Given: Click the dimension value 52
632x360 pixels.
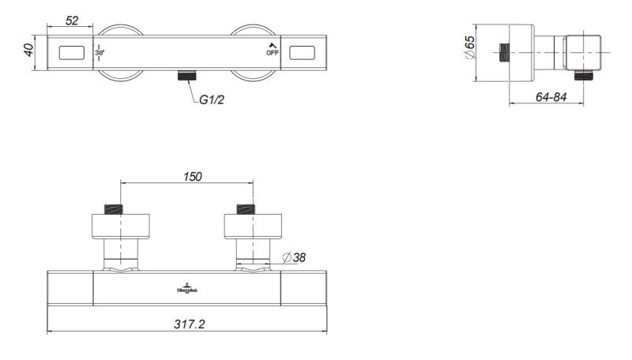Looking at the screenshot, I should (x=72, y=21).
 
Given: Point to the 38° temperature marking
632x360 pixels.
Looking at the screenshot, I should (x=100, y=54).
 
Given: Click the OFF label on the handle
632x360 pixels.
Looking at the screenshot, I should (x=273, y=54).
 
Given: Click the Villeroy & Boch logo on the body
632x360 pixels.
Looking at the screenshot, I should (x=187, y=288).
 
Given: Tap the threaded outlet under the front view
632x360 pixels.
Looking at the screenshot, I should (x=186, y=77).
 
